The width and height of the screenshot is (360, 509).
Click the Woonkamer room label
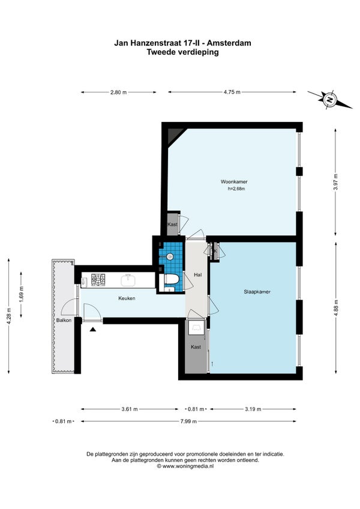point(234,182)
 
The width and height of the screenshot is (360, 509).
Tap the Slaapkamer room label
point(257,292)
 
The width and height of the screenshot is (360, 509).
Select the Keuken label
point(127,298)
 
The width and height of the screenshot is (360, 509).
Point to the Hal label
point(197,275)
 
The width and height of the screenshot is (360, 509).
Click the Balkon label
point(64,320)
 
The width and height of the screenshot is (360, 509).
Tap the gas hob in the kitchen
point(98,280)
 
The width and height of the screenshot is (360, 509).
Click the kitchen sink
point(128,280)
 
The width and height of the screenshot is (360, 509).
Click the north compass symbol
point(330,100)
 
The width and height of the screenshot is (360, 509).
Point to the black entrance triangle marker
point(93,330)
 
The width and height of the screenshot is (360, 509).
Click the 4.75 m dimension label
point(232,92)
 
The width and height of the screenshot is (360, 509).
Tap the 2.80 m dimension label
point(118,92)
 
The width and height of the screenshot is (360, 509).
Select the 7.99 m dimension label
point(188,421)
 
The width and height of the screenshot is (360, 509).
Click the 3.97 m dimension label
point(335,182)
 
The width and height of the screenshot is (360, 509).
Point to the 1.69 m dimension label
point(22,295)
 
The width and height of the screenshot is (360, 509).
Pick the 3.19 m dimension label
point(253,409)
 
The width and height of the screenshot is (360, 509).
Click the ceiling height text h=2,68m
point(236,188)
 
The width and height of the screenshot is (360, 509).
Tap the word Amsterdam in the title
point(229,43)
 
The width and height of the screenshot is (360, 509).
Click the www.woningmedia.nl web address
point(188,466)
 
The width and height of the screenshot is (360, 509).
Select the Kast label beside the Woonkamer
point(172,224)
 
